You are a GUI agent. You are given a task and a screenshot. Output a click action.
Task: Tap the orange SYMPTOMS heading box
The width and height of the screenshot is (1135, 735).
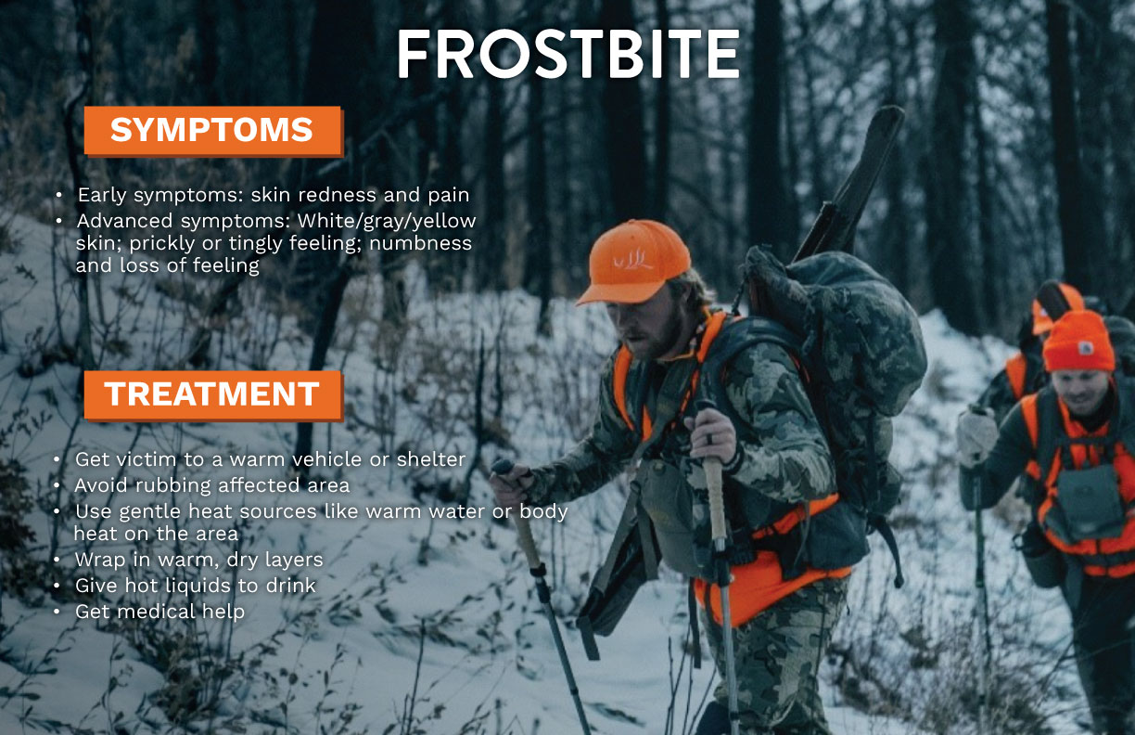pyautogui.click(x=212, y=130)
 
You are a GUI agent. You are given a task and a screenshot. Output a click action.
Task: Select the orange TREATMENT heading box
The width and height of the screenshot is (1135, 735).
pyautogui.click(x=212, y=394)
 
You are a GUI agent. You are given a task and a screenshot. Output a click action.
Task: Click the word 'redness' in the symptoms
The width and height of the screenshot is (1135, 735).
pyautogui.click(x=321, y=196)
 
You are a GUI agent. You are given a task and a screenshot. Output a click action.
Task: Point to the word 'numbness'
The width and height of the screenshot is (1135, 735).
pyautogui.click(x=426, y=243)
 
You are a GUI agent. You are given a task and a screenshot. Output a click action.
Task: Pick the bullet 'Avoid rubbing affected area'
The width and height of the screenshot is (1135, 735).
pyautogui.click(x=212, y=485)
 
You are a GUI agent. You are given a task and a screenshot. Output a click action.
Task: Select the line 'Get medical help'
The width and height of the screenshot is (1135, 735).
pyautogui.click(x=159, y=612)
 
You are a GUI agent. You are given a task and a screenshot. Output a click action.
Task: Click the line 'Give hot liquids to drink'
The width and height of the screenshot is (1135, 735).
pyautogui.click(x=196, y=586)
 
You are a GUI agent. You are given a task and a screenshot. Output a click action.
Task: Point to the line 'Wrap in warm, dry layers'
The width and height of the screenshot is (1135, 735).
pyautogui.click(x=198, y=560)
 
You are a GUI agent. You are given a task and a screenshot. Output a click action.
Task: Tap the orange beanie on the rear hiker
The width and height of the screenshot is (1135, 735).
pyautogui.click(x=1078, y=342)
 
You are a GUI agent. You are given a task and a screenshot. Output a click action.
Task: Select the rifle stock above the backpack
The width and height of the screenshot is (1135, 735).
pyautogui.click(x=853, y=176)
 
